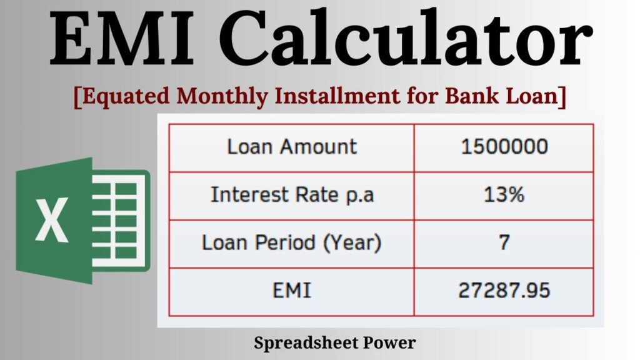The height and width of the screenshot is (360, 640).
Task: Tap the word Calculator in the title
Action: tap(406, 39)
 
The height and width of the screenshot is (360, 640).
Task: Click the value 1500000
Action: tap(504, 146)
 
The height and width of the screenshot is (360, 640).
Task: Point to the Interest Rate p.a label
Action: tap(292, 194)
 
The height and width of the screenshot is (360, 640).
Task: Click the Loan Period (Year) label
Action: tap(291, 242)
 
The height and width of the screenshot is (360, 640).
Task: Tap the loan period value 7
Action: tap(504, 242)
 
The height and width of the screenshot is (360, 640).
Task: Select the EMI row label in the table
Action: tap(292, 291)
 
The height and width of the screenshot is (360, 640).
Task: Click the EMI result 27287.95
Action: tap(504, 291)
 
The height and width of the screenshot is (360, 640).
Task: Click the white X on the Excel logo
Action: tap(52, 220)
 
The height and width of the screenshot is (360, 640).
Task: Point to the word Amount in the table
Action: tap(318, 146)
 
